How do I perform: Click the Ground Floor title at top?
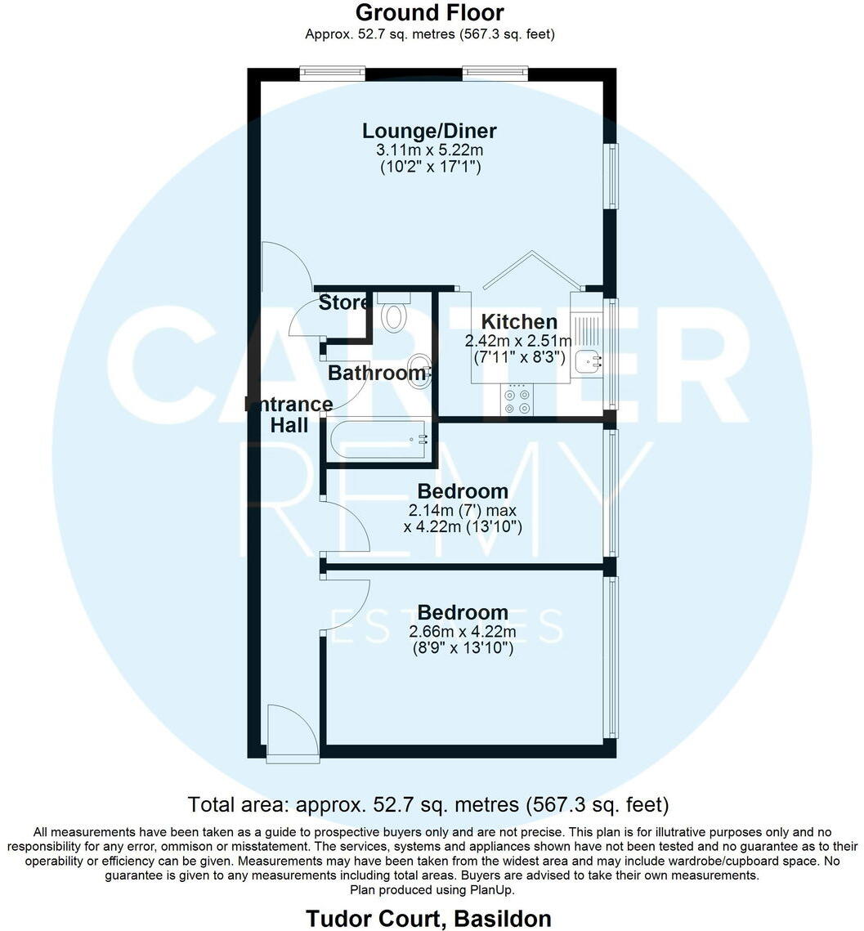(430, 13)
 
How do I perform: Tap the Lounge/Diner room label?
(429, 131)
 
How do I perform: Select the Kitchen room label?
(518, 321)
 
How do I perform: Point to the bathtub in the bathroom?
(378, 441)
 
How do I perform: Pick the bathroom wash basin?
(418, 371)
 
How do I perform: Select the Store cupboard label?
(343, 302)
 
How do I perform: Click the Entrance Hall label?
(290, 414)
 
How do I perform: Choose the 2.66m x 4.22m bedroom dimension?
(462, 631)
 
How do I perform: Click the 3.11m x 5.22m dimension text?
(429, 150)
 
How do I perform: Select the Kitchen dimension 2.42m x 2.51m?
(519, 340)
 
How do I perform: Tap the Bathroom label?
(376, 374)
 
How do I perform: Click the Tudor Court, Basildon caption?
(428, 918)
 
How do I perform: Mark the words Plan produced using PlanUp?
(432, 889)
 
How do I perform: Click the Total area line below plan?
(428, 804)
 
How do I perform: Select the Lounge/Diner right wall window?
(610, 176)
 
